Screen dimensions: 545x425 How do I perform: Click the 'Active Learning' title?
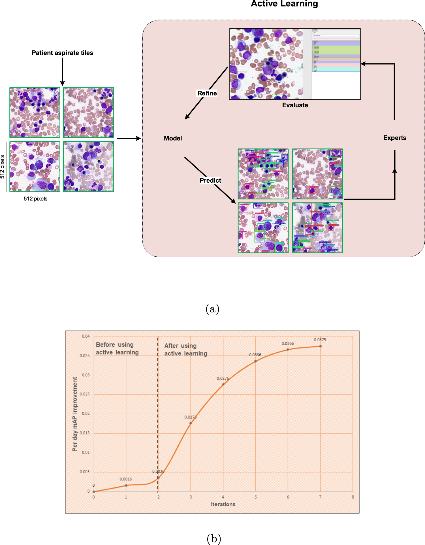(x=284, y=4)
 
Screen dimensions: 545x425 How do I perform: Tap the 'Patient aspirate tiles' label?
(x=62, y=53)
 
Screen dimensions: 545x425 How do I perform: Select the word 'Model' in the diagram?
(x=173, y=138)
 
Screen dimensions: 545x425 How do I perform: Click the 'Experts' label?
(x=394, y=138)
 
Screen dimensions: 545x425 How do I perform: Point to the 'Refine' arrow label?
(x=207, y=93)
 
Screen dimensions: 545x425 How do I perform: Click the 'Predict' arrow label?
(x=210, y=180)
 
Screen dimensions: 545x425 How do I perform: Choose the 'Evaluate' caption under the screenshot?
(x=295, y=105)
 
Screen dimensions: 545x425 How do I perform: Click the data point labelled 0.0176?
(x=191, y=423)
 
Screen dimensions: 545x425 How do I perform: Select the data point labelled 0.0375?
(x=320, y=346)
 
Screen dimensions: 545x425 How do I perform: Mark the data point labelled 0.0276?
(x=223, y=384)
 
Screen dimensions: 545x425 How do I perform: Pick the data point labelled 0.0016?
(x=126, y=485)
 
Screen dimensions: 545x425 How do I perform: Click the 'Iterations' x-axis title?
(x=223, y=504)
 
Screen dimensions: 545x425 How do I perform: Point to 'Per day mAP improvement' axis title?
(x=75, y=414)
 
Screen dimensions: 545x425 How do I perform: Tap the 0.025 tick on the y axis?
(x=85, y=394)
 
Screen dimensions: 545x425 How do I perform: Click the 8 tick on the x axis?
(x=353, y=497)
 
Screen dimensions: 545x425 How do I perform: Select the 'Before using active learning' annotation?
(x=117, y=348)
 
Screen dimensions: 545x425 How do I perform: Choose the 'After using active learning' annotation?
(x=186, y=350)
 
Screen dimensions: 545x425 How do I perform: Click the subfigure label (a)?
(x=212, y=309)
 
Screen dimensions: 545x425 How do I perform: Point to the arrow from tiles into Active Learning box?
(x=129, y=138)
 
